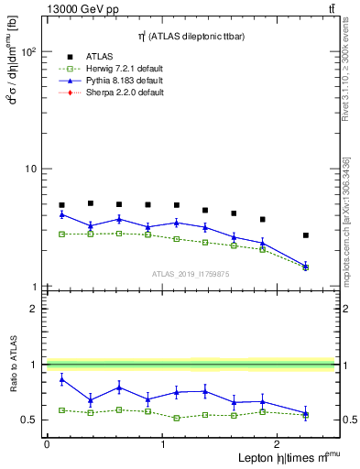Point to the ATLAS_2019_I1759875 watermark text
[x=190, y=273]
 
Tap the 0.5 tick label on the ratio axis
[x=29, y=420]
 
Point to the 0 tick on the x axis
[x=47, y=444]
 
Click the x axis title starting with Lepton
[x=276, y=458]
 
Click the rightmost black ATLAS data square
[x=306, y=235]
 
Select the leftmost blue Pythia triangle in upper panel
[x=61, y=214]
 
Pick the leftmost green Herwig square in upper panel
[x=61, y=234]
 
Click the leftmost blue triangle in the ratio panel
[x=61, y=378]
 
